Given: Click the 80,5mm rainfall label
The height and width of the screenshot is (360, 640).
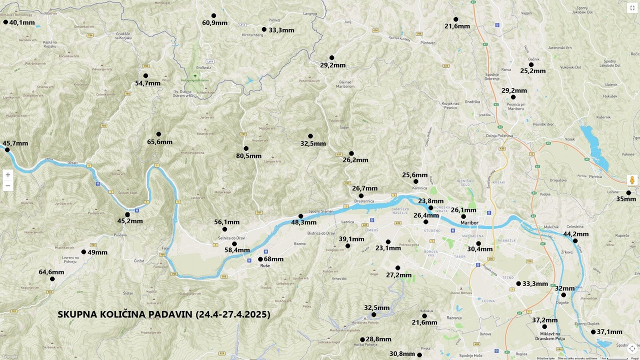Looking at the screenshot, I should point(249,156).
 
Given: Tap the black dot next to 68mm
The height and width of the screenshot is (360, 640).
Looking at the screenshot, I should point(260,259).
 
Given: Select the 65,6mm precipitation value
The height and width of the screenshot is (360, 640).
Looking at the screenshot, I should point(160,142).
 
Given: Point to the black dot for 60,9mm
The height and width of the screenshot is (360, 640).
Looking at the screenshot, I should point(213,15).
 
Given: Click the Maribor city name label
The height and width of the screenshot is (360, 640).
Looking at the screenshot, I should point(469,222).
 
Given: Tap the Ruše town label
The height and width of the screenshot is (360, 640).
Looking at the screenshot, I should point(265,266).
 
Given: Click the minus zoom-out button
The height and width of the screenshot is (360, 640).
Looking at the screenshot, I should point(7,186).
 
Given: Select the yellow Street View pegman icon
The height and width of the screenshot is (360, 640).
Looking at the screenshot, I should point(632,180).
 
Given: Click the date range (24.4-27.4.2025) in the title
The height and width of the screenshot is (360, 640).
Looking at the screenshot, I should point(233,314).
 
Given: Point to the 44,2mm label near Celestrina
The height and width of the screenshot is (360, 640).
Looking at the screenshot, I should point(576,234).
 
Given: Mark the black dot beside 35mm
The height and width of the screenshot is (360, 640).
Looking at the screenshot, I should point(628,192).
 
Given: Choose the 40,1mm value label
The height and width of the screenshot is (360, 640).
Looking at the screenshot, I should point(22,22).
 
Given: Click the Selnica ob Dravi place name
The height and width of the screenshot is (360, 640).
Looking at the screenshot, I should point(231,238).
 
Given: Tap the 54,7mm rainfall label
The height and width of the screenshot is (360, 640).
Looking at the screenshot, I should point(148,83).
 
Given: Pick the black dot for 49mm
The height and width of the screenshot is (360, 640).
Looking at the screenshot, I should point(83,252).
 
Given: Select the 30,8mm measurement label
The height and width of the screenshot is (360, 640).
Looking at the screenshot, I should point(402,354).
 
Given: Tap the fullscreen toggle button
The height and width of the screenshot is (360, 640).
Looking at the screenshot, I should point(632,7).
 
